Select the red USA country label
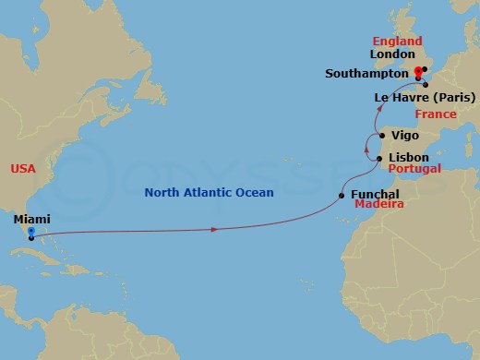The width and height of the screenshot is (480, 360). click(x=23, y=169)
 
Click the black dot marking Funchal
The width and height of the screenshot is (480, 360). click(x=343, y=195)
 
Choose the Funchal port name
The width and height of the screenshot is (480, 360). click(x=376, y=195)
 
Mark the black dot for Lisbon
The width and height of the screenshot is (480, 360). click(x=380, y=159)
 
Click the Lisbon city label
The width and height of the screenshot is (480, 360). click(x=408, y=158)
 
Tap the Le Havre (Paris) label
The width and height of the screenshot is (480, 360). click(x=425, y=97)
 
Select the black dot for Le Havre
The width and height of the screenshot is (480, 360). click(x=426, y=85)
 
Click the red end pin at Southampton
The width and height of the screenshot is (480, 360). click(x=418, y=72)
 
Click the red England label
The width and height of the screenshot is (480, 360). click(x=397, y=42)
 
